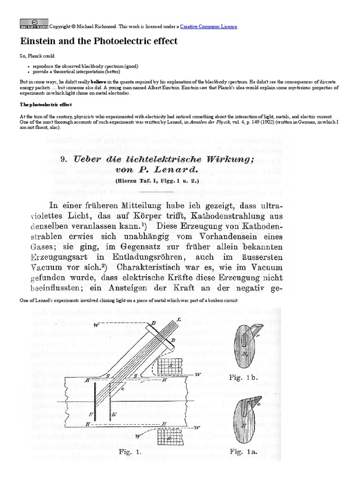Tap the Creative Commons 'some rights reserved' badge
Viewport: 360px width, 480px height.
click(x=34, y=23)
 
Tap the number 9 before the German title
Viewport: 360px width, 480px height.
click(x=65, y=159)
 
